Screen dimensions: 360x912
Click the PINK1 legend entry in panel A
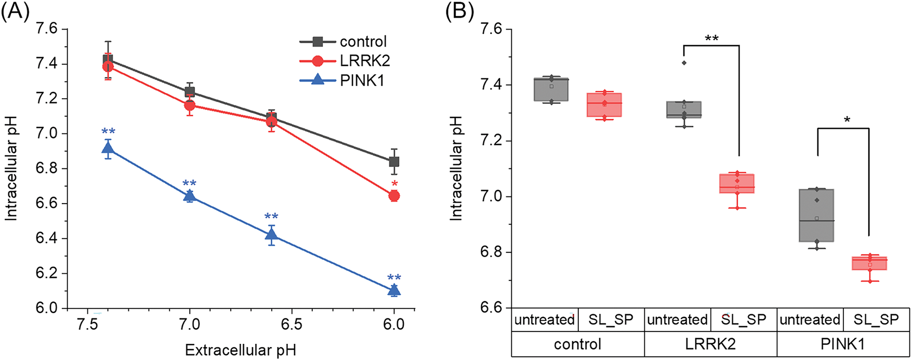[362, 81]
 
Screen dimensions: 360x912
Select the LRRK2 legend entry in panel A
[365, 61]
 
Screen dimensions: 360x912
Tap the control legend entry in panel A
[363, 42]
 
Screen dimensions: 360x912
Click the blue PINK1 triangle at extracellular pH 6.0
[394, 290]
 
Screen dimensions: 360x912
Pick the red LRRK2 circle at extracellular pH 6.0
[394, 196]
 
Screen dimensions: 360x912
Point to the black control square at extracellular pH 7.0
[190, 92]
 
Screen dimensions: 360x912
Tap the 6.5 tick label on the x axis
[292, 325]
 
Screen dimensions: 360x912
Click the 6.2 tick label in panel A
[46, 274]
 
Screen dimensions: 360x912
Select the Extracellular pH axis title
[241, 350]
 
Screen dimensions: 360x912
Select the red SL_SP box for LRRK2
[737, 183]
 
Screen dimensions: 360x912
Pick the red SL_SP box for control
[604, 105]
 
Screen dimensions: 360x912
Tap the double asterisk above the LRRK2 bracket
[711, 39]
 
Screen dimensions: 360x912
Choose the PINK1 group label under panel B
[843, 344]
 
